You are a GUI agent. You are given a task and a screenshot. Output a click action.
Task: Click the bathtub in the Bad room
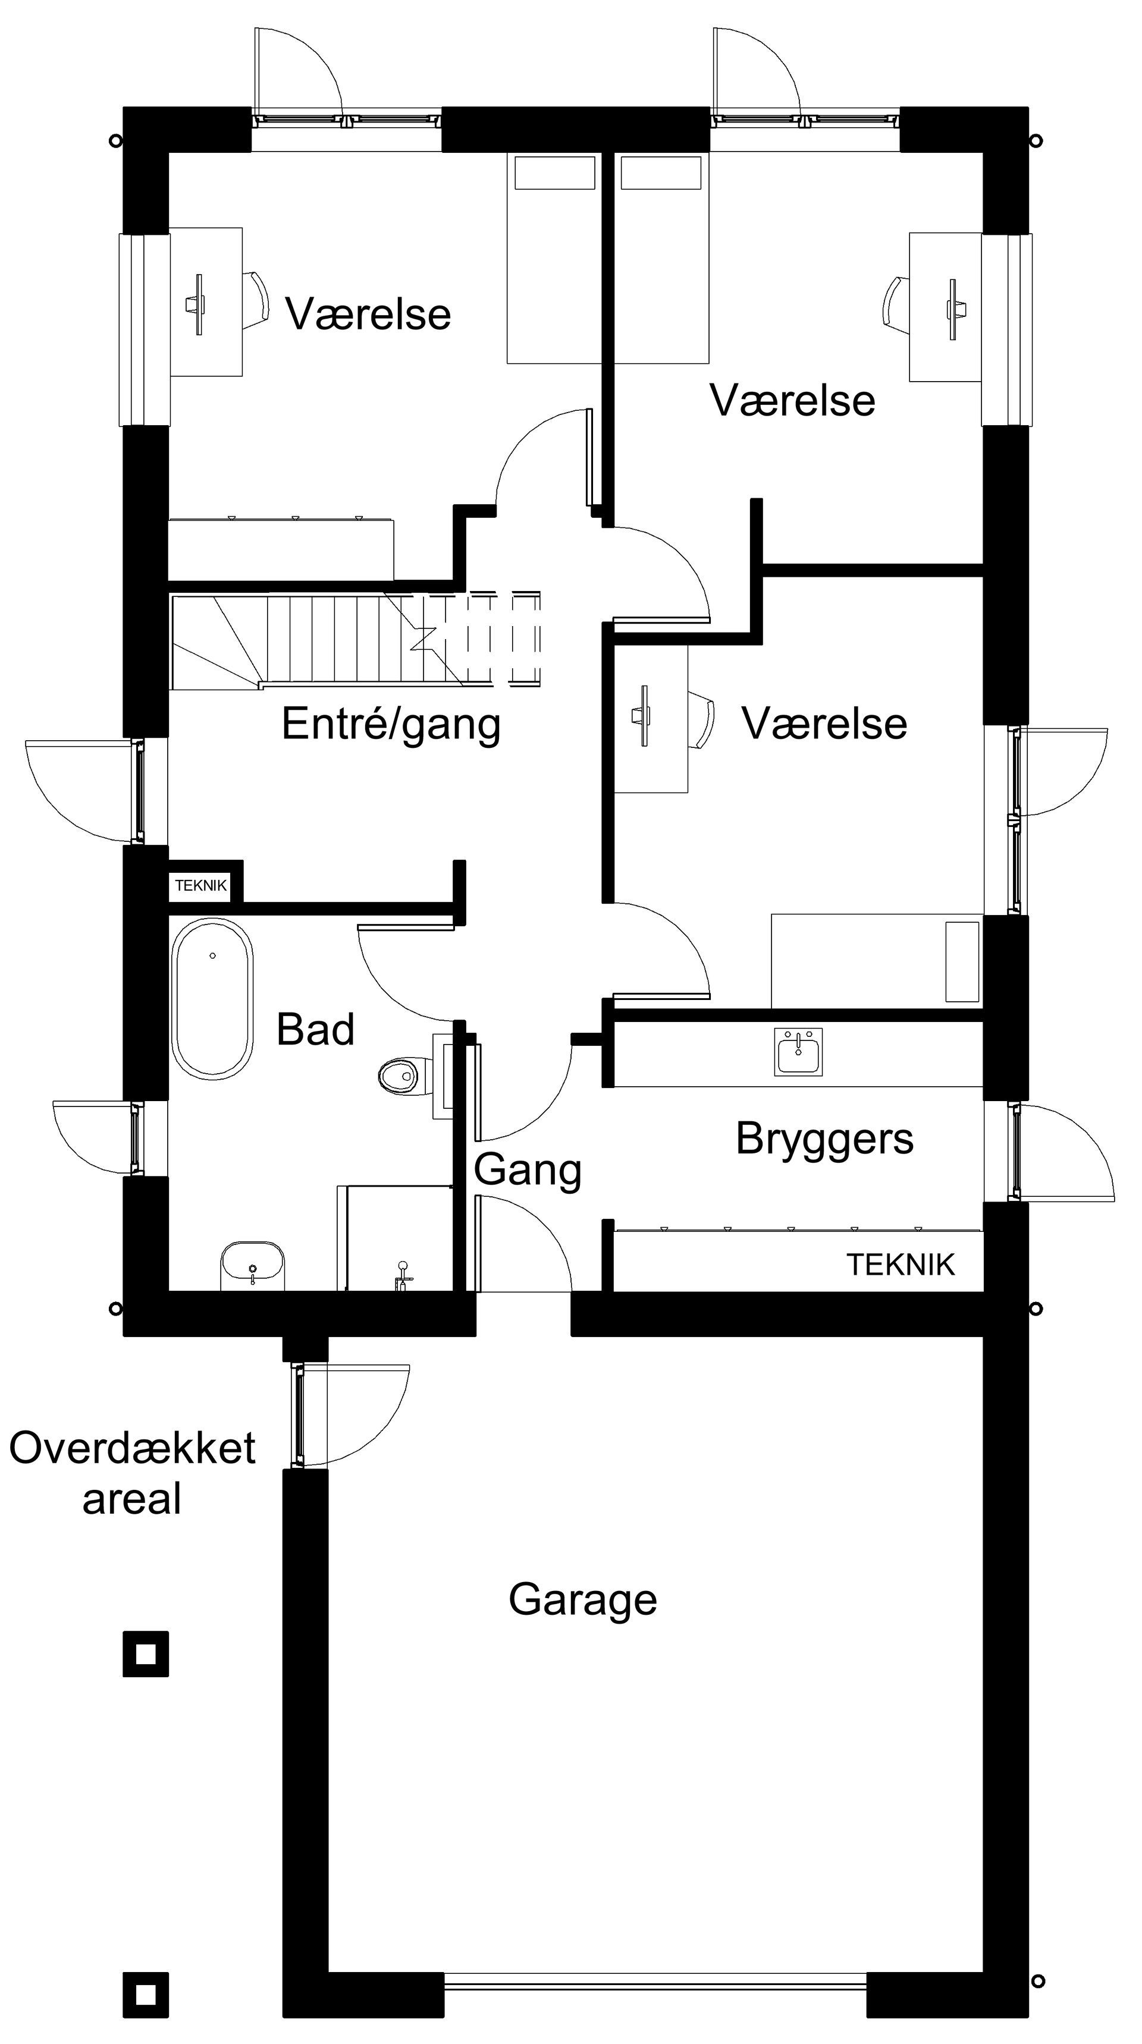click(212, 998)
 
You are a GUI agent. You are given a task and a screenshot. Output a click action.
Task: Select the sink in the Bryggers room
click(798, 1052)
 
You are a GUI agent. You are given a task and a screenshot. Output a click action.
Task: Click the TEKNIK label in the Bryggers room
click(900, 1265)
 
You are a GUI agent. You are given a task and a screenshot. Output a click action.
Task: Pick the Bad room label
click(315, 1030)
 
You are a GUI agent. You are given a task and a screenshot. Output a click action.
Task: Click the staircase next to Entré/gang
click(356, 640)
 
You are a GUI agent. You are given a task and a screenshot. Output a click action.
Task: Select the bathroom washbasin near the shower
click(252, 1264)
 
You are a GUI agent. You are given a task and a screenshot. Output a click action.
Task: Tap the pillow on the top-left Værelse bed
click(555, 173)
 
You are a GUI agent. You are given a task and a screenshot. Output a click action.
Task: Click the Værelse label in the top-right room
click(792, 400)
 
